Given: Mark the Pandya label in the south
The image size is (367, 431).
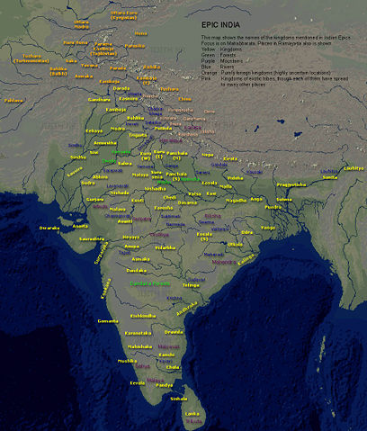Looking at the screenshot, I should click(x=165, y=384).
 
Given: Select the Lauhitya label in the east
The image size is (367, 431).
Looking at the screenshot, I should click(x=354, y=167).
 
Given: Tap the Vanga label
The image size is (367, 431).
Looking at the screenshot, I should click(x=270, y=228).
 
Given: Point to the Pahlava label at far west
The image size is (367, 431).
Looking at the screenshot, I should click(x=13, y=101).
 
